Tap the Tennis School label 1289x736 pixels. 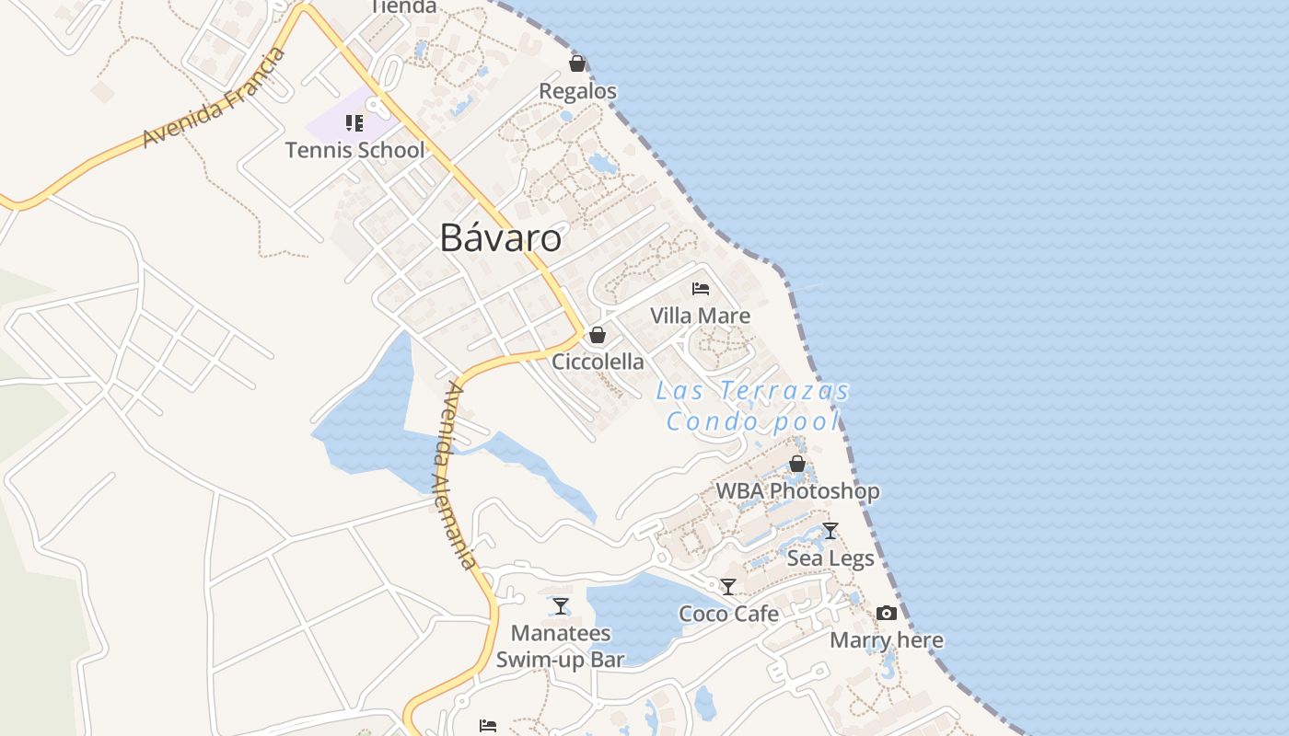354,150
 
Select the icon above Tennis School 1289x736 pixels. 354,123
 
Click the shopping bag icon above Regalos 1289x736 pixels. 577,63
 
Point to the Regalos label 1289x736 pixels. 577,91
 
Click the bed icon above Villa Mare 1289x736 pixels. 701,288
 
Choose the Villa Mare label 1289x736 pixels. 700,316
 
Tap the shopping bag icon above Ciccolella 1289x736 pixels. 598,335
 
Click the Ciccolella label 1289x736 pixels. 598,362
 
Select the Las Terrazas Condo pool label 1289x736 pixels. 752,406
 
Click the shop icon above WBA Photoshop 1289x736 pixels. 797,465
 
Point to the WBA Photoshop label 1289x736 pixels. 797,491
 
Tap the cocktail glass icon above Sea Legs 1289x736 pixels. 830,531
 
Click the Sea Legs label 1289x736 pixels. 830,558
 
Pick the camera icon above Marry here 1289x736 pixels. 887,613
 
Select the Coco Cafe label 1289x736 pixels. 728,614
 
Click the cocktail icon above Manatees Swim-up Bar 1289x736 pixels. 561,606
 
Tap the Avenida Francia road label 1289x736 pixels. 215,98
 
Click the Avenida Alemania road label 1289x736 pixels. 459,476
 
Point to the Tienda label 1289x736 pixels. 402,6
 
